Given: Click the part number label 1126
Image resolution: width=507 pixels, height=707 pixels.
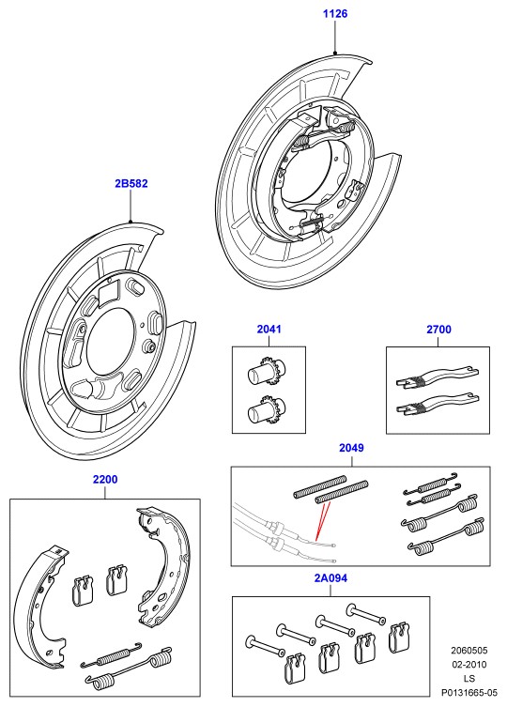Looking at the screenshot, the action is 335,13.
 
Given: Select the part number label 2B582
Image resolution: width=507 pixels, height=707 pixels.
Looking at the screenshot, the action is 131,183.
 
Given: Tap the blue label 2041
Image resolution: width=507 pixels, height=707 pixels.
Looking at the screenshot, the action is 269,330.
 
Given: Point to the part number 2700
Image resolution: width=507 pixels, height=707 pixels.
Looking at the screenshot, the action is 438,330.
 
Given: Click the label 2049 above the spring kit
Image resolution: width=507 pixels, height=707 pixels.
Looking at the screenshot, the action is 351,448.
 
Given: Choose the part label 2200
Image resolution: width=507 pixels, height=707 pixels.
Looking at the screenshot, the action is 105,479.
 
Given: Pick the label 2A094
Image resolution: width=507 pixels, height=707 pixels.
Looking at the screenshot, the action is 330,578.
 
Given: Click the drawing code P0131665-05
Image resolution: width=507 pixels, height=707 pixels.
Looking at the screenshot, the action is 469,692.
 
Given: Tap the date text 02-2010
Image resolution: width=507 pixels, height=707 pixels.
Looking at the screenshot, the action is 469,665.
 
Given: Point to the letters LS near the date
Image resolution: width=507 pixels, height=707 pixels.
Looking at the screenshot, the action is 469,679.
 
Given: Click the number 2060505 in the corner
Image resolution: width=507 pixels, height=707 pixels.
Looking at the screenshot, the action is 469,651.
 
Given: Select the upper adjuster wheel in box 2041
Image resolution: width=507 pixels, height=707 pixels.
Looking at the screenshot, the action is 267,372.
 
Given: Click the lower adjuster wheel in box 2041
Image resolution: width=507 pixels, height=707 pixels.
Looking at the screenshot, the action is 267,409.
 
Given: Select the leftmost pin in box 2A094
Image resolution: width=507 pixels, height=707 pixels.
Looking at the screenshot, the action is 265,646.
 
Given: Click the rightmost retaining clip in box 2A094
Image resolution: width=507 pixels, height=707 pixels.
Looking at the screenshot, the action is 400,637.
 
